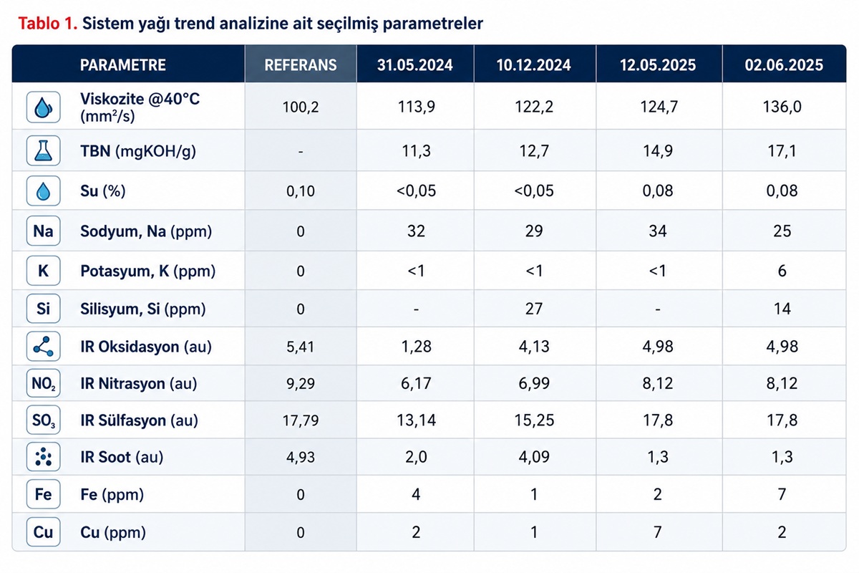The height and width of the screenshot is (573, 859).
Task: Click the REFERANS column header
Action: (300, 65)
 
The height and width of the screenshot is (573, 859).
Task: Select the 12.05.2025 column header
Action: (658, 65)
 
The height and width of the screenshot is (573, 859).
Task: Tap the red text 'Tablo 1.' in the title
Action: (48, 24)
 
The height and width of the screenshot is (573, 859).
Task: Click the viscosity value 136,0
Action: (782, 106)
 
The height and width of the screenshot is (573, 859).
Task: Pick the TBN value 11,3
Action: (416, 151)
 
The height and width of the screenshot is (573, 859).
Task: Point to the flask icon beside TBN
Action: (44, 150)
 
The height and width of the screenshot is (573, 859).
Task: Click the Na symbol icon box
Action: (44, 231)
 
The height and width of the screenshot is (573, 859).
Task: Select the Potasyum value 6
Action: (782, 271)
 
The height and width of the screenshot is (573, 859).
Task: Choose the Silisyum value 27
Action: (534, 309)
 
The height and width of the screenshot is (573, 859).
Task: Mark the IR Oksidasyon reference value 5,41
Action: (300, 347)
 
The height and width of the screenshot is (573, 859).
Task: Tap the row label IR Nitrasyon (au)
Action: (138, 383)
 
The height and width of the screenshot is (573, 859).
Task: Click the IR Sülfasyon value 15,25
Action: (534, 420)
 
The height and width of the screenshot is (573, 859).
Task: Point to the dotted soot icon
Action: (44, 457)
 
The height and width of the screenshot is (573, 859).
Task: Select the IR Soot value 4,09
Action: (534, 457)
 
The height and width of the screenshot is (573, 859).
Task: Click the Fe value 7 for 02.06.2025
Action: (782, 494)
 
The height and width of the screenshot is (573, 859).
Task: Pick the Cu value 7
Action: (658, 532)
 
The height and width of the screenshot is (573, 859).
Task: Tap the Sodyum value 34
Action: (658, 231)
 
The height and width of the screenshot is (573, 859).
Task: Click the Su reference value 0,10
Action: (300, 191)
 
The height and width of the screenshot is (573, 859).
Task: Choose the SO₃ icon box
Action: (44, 420)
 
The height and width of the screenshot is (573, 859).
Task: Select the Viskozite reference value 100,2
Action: (300, 107)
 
